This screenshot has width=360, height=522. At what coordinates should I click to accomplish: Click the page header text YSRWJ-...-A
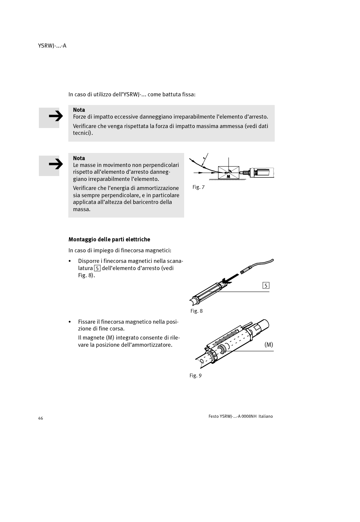tap(52, 46)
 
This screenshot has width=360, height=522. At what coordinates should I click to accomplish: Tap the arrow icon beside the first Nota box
tap(49, 117)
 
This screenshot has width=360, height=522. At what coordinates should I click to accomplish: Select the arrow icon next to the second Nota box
tap(49, 165)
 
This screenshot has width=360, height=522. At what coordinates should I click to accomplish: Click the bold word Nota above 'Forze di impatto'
tap(79, 110)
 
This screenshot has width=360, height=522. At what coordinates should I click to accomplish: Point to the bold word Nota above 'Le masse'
tap(79, 158)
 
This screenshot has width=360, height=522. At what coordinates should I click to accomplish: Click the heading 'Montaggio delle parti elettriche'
tap(109, 239)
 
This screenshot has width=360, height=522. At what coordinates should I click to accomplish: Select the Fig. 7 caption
tap(198, 187)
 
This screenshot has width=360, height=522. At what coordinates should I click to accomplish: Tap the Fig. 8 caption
tap(196, 311)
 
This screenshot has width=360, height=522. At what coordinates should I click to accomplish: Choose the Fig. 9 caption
tap(195, 376)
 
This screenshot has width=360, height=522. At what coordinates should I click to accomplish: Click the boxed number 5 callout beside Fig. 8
tap(266, 286)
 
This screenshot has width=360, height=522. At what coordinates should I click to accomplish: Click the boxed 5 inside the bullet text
tap(97, 268)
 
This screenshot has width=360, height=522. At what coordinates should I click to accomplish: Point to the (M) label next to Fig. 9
tap(268, 345)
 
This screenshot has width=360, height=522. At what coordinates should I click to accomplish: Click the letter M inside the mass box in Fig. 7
tap(228, 176)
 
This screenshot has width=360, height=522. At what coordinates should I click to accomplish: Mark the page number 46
tap(40, 418)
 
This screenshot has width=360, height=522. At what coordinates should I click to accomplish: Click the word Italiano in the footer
tap(265, 416)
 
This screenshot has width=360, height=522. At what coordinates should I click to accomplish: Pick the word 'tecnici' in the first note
tap(82, 133)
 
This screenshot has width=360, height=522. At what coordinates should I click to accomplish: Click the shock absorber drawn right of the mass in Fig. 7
tap(260, 173)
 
